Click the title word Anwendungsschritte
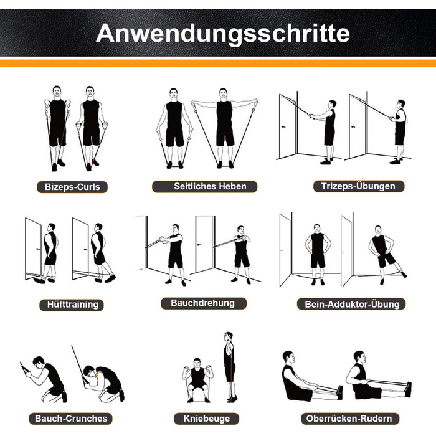(x=223, y=34)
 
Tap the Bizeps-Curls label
(x=72, y=187)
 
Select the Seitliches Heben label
(x=205, y=186)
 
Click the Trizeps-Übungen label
(x=358, y=186)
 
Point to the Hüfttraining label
(x=72, y=305)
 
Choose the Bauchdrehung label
(x=204, y=303)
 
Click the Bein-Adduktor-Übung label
(x=351, y=304)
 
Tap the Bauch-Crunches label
(x=70, y=419)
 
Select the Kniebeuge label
(x=207, y=419)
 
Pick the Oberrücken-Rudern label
(x=350, y=419)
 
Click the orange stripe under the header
(x=218, y=64)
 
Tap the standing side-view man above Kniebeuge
(x=230, y=367)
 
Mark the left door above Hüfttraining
(x=34, y=249)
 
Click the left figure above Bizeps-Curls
(x=57, y=128)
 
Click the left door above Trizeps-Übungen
(x=288, y=126)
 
